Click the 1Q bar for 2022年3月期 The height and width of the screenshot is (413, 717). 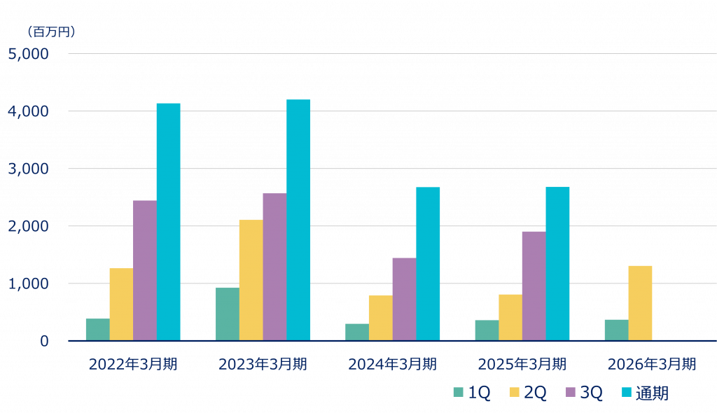pos(97,330)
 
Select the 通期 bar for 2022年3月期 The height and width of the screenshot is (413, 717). pos(168,222)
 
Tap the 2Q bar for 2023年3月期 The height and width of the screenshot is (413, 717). pos(251,280)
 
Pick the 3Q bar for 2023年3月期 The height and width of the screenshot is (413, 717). pos(274,267)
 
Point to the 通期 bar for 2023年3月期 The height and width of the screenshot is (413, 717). pos(298,220)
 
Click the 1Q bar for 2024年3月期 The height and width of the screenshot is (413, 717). pos(356,332)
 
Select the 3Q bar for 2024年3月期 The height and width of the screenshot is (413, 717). pos(404,299)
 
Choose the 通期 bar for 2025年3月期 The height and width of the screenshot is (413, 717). pos(557,263)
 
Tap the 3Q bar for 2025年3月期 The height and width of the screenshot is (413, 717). pos(534,286)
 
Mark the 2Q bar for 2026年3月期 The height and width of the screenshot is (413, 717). pos(640,303)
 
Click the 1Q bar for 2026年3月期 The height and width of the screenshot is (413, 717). pos(616,330)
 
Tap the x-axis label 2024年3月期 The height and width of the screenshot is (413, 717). pos(392,364)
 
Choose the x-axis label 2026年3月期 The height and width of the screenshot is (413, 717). pos(651,364)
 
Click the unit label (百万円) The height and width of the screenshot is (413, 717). pos(51,31)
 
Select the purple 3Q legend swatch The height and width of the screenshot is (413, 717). pos(571,393)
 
